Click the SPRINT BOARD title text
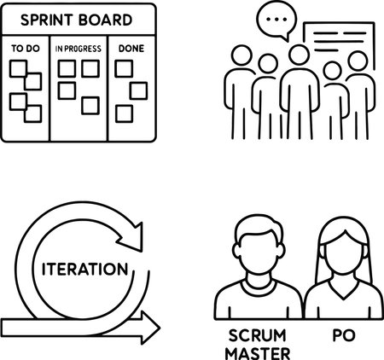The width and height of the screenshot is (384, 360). click(76, 20)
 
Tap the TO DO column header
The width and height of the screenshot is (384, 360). click(26, 49)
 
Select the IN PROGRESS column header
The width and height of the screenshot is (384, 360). click(79, 49)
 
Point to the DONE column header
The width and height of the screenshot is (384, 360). click(131, 49)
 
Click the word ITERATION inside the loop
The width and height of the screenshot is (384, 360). click(85, 269)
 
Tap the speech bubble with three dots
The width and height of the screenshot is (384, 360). click(276, 20)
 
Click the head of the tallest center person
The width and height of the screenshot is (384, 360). click(299, 55)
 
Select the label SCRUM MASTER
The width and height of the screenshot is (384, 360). click(258, 345)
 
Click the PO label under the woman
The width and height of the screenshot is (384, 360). click(344, 335)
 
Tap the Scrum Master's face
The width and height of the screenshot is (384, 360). click(258, 253)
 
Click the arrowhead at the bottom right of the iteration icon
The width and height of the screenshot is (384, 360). click(150, 328)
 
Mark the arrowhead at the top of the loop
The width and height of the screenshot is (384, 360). click(132, 237)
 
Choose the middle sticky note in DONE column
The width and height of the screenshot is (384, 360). click(138, 91)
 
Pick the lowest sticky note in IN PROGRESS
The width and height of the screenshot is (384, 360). click(90, 106)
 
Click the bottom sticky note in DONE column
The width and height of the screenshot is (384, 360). click(124, 113)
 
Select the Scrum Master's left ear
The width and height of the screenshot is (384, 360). click(236, 251)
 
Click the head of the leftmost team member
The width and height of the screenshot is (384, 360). click(241, 55)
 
